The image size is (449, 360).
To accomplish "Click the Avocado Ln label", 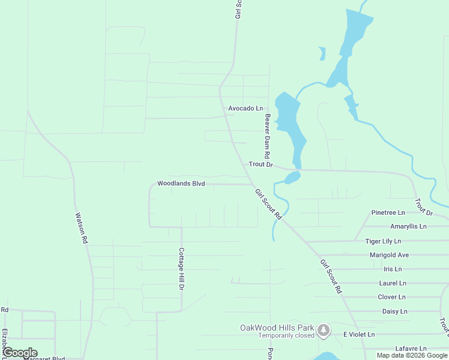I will click(246, 109).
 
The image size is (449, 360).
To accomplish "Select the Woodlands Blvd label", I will click(181, 184).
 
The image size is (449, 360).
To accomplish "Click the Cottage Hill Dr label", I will click(181, 269).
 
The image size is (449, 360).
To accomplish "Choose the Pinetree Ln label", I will click(388, 213).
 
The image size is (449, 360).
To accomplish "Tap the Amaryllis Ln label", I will click(408, 227).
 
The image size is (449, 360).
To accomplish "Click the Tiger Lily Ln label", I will click(383, 241).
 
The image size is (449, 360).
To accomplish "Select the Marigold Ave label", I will click(390, 255).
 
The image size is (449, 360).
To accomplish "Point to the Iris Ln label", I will click(393, 269).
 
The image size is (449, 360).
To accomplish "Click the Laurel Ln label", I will click(393, 283).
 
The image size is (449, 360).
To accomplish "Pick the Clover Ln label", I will click(391, 297).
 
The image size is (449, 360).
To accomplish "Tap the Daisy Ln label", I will click(394, 311).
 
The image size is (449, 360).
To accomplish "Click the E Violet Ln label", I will click(359, 334).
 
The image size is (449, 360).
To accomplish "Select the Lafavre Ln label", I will click(411, 349).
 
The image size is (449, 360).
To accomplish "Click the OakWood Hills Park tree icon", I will click(324, 329).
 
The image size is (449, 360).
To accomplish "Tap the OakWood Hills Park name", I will click(277, 328).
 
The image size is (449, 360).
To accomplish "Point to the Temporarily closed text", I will click(286, 336).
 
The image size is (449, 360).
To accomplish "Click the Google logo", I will click(20, 353).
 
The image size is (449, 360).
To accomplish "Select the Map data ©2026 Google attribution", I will click(412, 355).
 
